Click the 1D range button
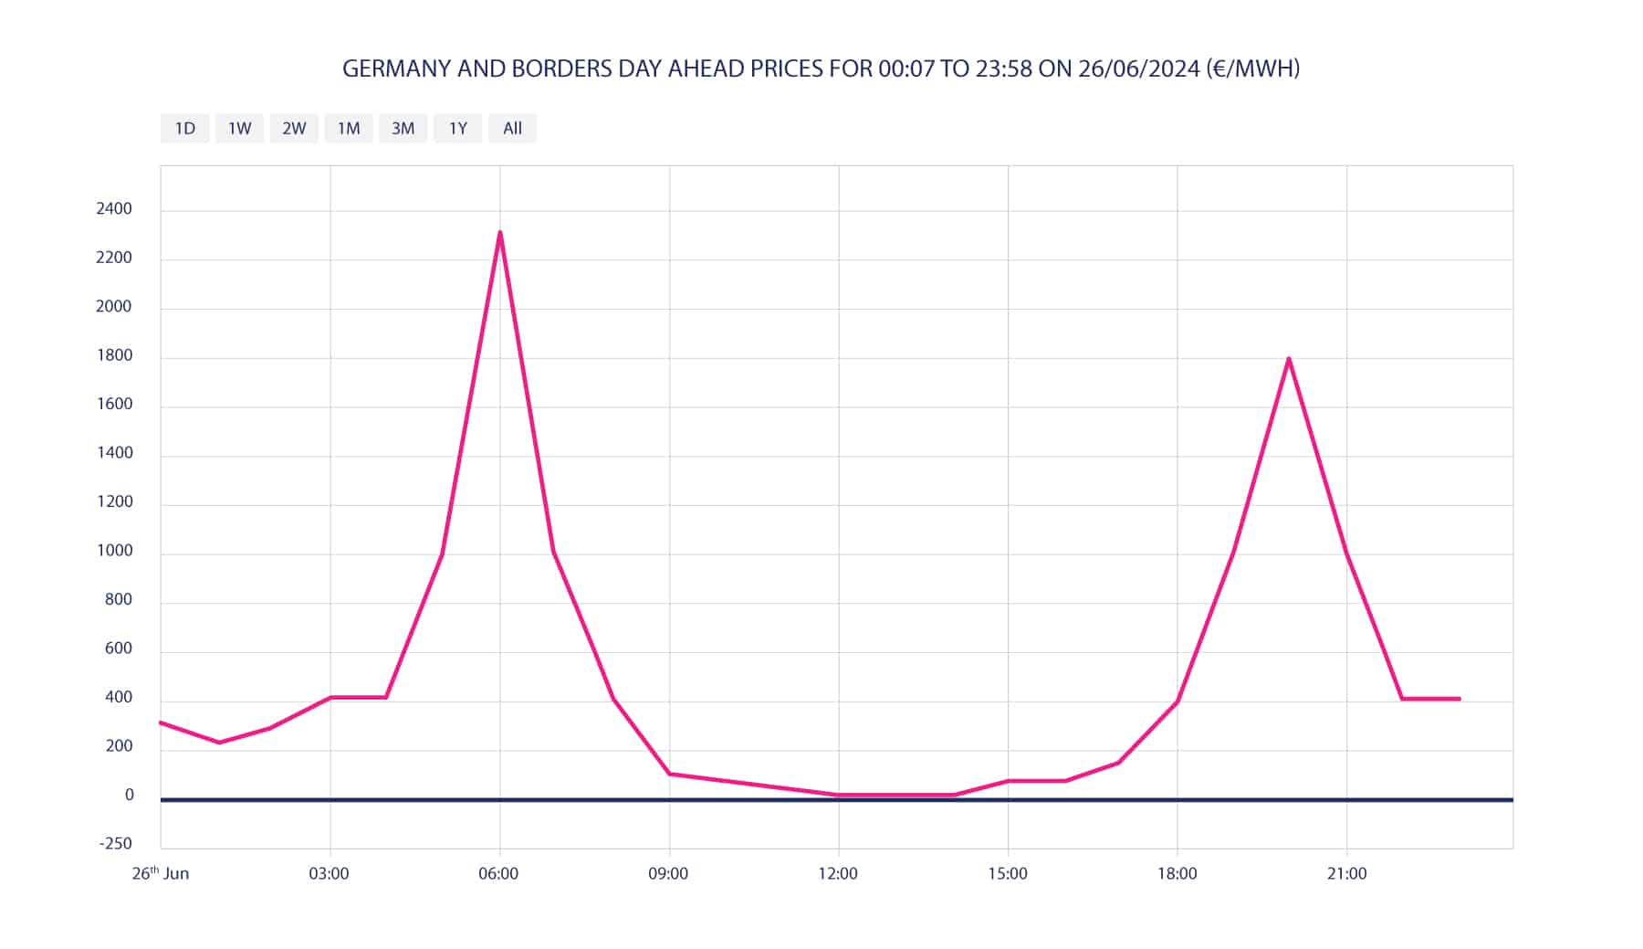point(184,129)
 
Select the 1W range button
point(239,129)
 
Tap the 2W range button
point(294,129)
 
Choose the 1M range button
point(349,129)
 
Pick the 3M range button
point(403,129)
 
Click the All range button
point(512,129)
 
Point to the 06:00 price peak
point(500,232)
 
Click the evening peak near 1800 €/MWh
point(1288,358)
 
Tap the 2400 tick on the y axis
point(114,209)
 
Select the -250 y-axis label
point(115,844)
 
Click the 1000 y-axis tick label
point(114,551)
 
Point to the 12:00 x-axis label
point(837,874)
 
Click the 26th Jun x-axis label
point(161,874)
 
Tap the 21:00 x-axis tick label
point(1346,874)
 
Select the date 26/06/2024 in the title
point(1138,69)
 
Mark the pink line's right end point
point(1459,699)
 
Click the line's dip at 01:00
point(219,743)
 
